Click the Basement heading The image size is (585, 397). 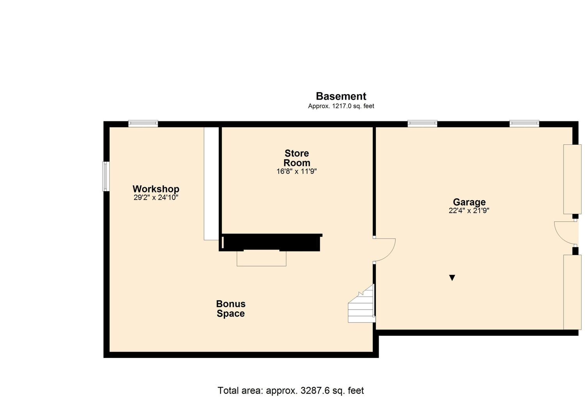[x=341, y=96]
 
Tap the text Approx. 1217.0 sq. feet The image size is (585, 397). [x=341, y=106]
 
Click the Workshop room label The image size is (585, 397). [x=156, y=189]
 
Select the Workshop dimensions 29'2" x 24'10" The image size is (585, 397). [x=156, y=197]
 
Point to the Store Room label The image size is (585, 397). [x=297, y=158]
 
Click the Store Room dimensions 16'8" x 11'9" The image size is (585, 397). [x=297, y=171]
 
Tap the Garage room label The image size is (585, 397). [x=469, y=202]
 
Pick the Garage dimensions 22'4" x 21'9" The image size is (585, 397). [x=469, y=210]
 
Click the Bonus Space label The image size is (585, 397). [x=231, y=308]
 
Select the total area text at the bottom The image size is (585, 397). [x=291, y=390]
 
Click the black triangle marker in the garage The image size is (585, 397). [x=452, y=278]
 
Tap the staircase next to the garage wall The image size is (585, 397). [x=362, y=304]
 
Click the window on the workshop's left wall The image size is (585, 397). [x=106, y=176]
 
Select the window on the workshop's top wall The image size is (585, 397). [x=143, y=124]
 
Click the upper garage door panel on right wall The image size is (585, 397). [x=572, y=179]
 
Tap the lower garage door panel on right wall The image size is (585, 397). [x=572, y=292]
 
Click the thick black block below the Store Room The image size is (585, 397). [x=271, y=242]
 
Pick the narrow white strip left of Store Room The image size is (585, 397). [x=211, y=183]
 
